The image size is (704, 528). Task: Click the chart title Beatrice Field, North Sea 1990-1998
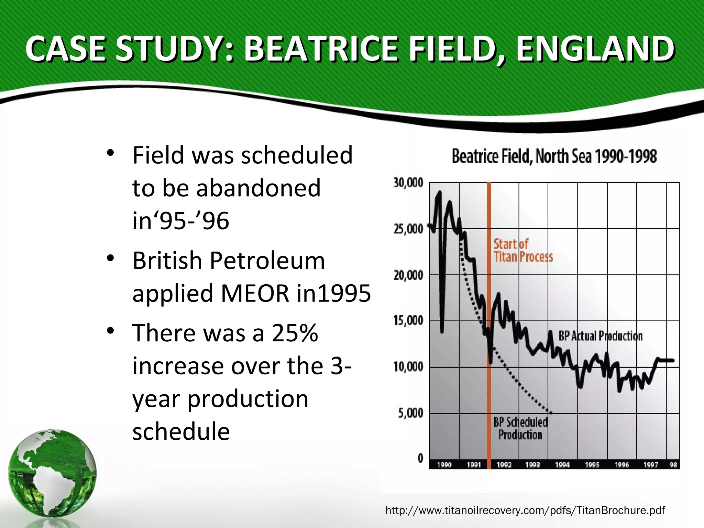(554, 156)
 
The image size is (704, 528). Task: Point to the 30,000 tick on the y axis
(408, 183)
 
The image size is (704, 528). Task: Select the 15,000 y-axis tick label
(408, 321)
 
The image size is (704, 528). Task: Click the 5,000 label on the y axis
(410, 413)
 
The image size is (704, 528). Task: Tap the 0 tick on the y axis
(420, 458)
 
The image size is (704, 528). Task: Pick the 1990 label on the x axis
(444, 465)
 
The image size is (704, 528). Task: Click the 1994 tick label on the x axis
(562, 465)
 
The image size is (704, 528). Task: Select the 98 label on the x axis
(673, 465)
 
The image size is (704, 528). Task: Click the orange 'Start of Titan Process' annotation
(523, 250)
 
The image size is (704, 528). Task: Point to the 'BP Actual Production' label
(600, 336)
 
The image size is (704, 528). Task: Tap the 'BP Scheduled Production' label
(520, 428)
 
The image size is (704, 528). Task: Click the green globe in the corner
(52, 473)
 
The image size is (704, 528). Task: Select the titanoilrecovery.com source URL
(525, 510)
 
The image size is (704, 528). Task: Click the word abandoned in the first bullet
(258, 188)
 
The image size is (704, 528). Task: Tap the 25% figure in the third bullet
(295, 333)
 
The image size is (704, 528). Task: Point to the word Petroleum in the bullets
(267, 261)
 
